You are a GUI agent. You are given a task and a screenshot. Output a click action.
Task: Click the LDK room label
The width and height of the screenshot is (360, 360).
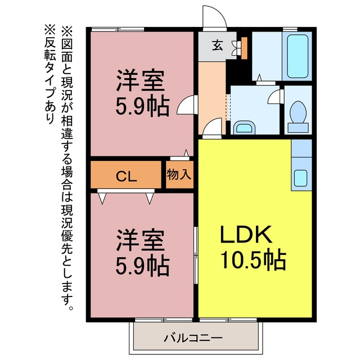[246, 234]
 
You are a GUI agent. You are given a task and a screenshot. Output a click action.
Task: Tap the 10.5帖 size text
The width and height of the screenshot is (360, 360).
[253, 260]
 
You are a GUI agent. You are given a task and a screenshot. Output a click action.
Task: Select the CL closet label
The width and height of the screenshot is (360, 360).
[126, 177]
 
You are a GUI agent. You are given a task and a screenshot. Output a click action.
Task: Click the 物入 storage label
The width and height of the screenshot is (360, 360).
[179, 174]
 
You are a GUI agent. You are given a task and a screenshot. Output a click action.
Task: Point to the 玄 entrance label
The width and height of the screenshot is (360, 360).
[217, 45]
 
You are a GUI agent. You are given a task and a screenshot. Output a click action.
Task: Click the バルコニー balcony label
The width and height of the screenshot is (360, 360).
[193, 338]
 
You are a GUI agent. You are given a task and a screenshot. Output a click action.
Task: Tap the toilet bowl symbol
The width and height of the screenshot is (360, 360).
[298, 116]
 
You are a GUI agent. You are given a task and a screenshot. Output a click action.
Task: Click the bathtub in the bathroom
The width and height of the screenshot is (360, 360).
[298, 56]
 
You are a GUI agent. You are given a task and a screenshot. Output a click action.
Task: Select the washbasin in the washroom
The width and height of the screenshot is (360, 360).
[244, 128]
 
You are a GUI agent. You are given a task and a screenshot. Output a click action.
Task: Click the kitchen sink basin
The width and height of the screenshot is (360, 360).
[300, 178]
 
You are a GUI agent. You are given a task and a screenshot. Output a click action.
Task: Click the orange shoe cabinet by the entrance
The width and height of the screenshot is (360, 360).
[244, 48]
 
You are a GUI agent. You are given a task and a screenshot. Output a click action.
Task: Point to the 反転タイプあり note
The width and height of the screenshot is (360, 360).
[50, 74]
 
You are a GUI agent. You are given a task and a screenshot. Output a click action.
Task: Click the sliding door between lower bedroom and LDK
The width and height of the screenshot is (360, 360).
[196, 255]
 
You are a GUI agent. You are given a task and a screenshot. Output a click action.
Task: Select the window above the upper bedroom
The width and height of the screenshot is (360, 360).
[118, 29]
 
